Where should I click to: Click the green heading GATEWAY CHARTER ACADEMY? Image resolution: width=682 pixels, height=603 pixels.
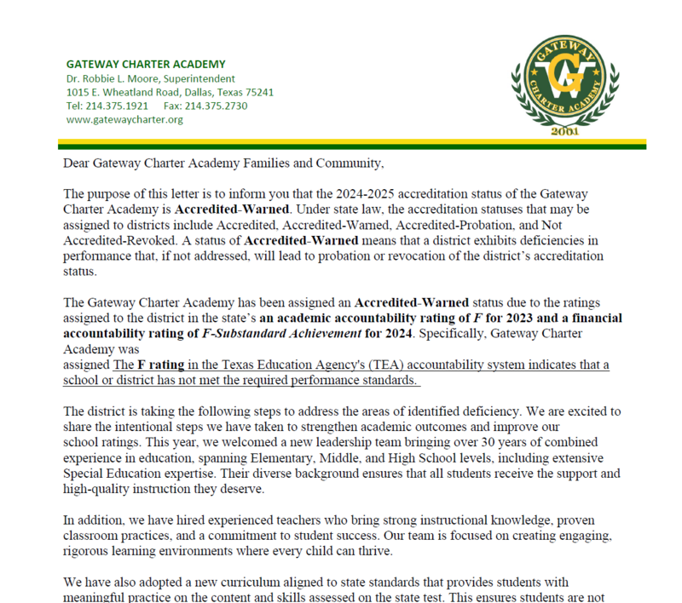pos(146,64)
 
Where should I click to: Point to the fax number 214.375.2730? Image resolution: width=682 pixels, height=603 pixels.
pos(216,106)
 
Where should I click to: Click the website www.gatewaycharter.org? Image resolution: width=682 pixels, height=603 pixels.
pos(124,119)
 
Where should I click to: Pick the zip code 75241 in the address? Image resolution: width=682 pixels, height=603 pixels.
pos(257,92)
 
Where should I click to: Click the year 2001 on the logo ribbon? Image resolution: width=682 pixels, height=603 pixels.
pos(565,133)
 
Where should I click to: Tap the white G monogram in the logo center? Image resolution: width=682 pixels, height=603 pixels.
pos(565,82)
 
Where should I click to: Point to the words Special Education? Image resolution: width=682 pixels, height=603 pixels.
pos(113,473)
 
